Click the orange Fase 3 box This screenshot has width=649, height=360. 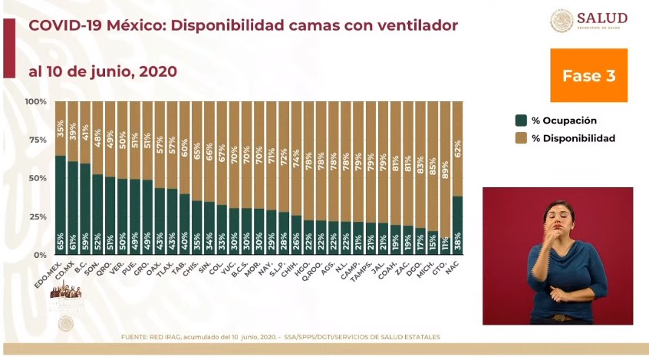point(588,75)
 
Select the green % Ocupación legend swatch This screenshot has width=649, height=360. point(521,121)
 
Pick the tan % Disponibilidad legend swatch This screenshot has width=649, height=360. point(521,138)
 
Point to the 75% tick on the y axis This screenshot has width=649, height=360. point(36,140)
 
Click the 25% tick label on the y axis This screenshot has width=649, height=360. point(36,216)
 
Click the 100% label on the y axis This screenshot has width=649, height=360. point(35,101)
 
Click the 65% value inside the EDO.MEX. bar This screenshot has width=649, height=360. point(61,242)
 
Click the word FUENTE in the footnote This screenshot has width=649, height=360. point(134,337)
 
